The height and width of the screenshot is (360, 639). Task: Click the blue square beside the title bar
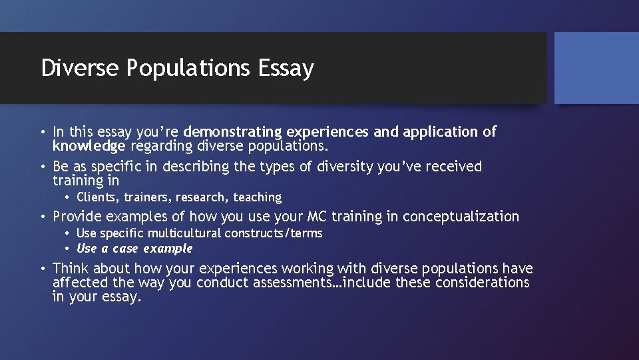(596, 68)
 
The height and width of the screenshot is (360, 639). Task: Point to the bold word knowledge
(89, 146)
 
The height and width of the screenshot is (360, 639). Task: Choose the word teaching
(258, 197)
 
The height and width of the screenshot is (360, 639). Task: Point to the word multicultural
(184, 233)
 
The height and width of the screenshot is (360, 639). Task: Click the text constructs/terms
(274, 233)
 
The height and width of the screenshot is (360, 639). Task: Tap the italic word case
(124, 249)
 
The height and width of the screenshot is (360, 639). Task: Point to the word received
(453, 167)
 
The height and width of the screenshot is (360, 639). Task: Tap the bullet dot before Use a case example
(69, 249)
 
